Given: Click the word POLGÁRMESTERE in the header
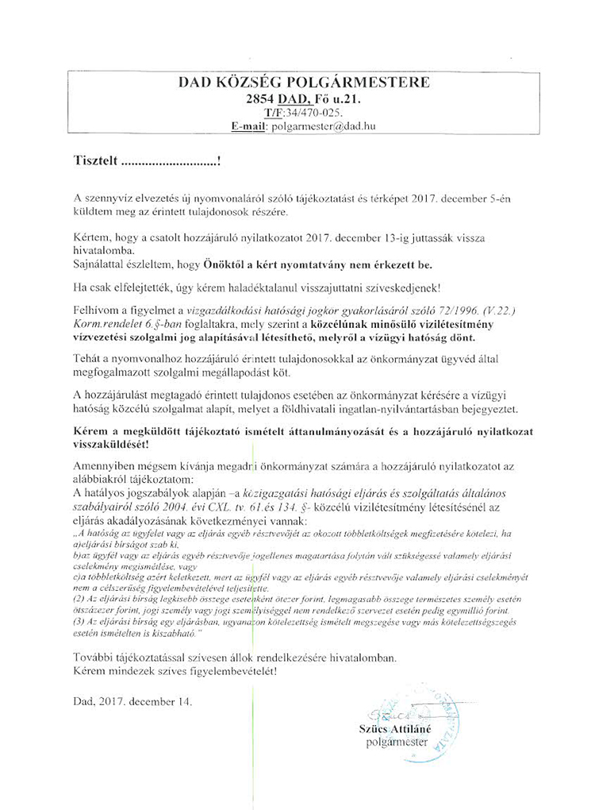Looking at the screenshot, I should (x=364, y=82).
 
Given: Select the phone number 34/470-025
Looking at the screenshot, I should (x=309, y=113).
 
